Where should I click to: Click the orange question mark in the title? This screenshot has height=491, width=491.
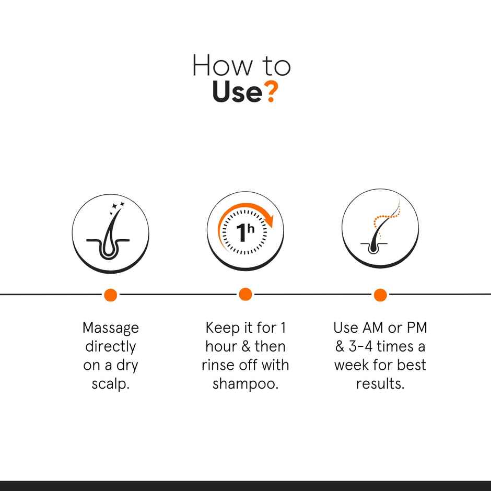pos(270,91)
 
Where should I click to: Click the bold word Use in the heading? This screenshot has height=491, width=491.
pos(237,92)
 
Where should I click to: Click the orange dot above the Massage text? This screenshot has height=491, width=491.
pos(110,295)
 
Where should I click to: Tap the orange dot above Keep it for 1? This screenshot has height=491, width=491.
pos(245,295)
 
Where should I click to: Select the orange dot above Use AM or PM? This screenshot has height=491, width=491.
pos(380,295)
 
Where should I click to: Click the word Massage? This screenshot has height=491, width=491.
pos(111,329)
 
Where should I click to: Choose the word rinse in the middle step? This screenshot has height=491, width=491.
pos(217,365)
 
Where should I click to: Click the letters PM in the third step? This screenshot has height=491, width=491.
pos(416,328)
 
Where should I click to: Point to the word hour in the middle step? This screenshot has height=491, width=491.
pos(221,346)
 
